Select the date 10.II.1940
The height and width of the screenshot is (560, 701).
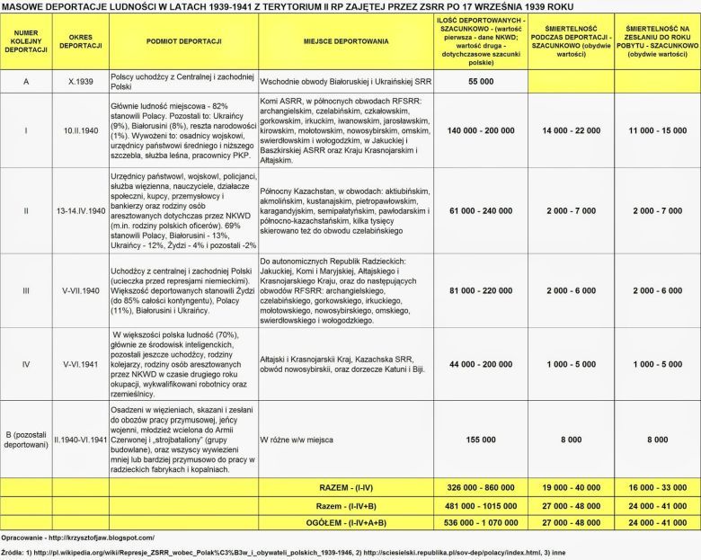pyautogui.click(x=78, y=130)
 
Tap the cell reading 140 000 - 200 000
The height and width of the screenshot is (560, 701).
pyautogui.click(x=483, y=130)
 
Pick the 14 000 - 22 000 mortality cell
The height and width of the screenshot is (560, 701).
pyautogui.click(x=572, y=130)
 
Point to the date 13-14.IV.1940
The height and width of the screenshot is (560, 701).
pyautogui.click(x=78, y=210)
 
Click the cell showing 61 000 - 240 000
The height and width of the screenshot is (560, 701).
pyautogui.click(x=483, y=210)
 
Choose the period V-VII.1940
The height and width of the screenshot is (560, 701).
pyautogui.click(x=78, y=290)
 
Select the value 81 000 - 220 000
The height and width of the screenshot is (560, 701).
pyautogui.click(x=483, y=290)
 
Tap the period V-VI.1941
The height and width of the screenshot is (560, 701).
pyautogui.click(x=78, y=364)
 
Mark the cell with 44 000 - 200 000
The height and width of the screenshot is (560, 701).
pyautogui.click(x=483, y=364)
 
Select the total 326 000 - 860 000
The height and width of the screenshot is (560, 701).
pyautogui.click(x=483, y=486)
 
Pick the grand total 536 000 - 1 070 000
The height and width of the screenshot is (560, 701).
pyautogui.click(x=483, y=520)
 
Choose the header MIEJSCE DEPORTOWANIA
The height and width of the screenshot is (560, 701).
pyautogui.click(x=346, y=41)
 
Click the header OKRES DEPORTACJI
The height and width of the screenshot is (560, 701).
pyautogui.click(x=78, y=41)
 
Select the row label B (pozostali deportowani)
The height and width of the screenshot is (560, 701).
pyautogui.click(x=26, y=440)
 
